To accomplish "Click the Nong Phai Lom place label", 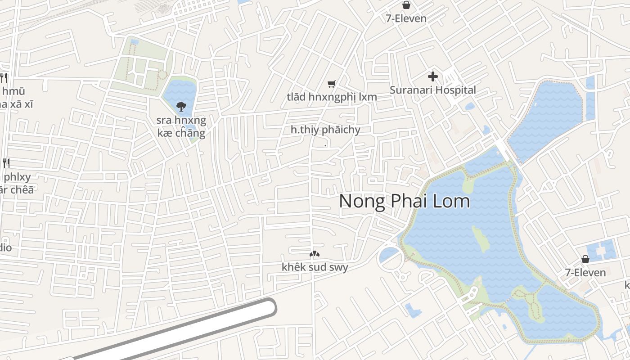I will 405,201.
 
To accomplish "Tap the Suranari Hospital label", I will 432,90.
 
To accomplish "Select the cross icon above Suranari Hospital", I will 433,76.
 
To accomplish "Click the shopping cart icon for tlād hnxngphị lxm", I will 332,84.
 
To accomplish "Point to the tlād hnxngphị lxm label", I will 332,97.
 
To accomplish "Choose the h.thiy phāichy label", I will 325,130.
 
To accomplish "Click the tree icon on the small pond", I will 181,107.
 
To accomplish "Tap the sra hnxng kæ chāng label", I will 181,126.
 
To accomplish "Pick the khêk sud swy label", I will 315,267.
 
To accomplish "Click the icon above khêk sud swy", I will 315,254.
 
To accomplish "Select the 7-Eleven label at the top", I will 406,18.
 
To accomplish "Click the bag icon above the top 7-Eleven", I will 406,5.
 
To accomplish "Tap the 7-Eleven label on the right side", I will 585,272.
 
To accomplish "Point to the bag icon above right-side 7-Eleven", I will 585,259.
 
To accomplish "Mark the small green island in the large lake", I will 481,238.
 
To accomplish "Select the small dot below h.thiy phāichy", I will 325,145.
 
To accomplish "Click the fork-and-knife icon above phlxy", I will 6,163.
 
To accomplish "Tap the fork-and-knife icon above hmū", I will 4,77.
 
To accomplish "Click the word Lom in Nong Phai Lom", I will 451,201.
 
